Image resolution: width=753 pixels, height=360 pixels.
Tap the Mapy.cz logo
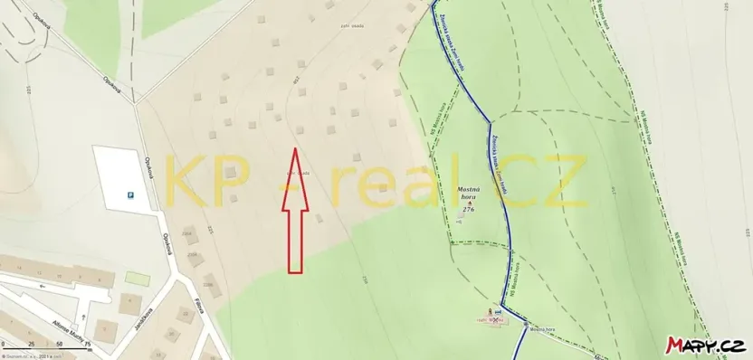tap(707, 345)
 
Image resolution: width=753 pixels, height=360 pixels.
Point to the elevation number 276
tap(469, 209)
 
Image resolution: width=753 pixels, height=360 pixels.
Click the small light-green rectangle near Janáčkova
tap(136, 278)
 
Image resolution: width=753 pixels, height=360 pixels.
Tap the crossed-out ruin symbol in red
tap(497, 318)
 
